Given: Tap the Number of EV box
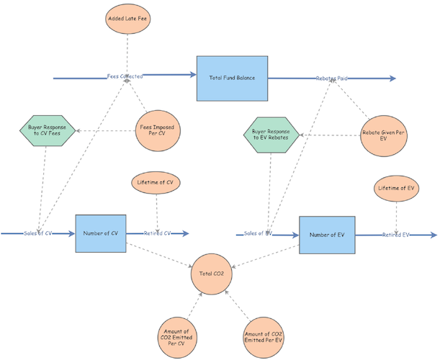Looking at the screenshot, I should pyautogui.click(x=328, y=235).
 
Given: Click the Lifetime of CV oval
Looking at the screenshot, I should pyautogui.click(x=156, y=183).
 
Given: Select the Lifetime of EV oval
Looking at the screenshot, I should pyautogui.click(x=396, y=189).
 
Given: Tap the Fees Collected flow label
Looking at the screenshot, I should pyautogui.click(x=125, y=75).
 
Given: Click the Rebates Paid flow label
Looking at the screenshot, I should pyautogui.click(x=332, y=78).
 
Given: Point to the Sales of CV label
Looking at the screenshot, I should pyautogui.click(x=38, y=233).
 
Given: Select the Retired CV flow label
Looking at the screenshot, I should pyautogui.click(x=157, y=233).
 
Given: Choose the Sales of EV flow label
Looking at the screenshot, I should pyautogui.click(x=258, y=234).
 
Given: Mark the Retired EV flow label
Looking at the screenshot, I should pyautogui.click(x=396, y=235).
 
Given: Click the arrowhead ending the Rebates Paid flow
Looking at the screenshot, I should pyautogui.click(x=392, y=78).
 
